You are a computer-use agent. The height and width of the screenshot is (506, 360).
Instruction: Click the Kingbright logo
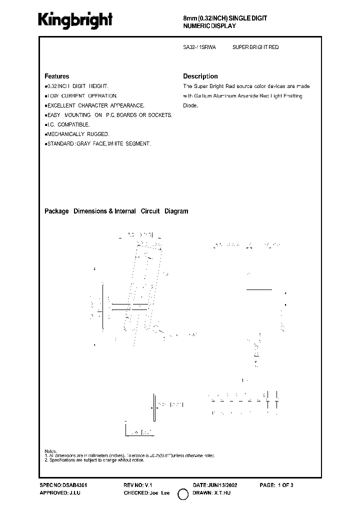(75, 19)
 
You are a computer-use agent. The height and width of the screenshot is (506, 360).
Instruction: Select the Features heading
(57, 76)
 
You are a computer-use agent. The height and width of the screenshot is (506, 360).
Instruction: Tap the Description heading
(200, 76)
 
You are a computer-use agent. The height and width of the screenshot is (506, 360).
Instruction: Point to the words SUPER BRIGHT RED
(255, 47)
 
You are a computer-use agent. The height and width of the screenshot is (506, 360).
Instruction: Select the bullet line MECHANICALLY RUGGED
(77, 134)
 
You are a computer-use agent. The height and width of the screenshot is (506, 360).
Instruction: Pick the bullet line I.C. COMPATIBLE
(68, 124)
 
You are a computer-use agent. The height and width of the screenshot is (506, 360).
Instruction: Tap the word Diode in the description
(190, 105)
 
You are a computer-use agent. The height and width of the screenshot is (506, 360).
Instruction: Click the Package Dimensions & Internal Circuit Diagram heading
(116, 211)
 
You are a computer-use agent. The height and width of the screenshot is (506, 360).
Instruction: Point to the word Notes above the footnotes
(51, 451)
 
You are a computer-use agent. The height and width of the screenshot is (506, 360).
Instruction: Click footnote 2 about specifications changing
(94, 460)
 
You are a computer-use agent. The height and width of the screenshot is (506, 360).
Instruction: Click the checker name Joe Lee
(159, 493)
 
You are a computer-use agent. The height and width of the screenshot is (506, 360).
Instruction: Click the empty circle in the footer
(183, 494)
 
